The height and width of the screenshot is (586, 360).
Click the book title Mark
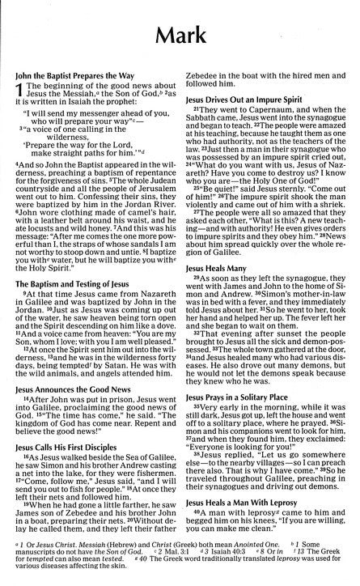[x=180, y=36]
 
